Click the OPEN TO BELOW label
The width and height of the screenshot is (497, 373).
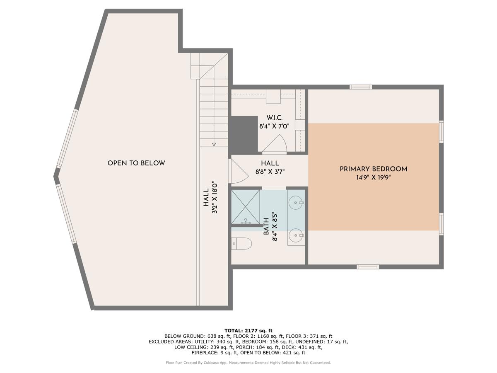point(136,163)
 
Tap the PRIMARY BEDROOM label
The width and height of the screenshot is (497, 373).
point(373,169)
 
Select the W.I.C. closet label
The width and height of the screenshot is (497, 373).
point(274,118)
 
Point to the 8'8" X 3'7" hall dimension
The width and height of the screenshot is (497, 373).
point(270,172)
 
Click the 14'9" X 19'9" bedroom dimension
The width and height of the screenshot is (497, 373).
point(373,177)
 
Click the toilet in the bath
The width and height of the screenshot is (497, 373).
point(241,243)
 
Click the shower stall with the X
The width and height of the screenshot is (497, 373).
point(246,206)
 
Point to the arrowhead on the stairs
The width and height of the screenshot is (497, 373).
point(214,144)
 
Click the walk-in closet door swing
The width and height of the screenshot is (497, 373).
point(274,145)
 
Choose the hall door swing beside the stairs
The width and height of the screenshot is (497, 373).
point(238,171)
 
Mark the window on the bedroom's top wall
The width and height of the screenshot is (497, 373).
point(360,87)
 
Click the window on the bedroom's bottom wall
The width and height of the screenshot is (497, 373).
point(368,266)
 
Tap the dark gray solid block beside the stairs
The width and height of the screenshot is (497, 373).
point(244,135)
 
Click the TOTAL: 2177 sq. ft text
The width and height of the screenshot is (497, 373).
point(248,330)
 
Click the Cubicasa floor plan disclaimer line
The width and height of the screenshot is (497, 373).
point(248,363)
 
